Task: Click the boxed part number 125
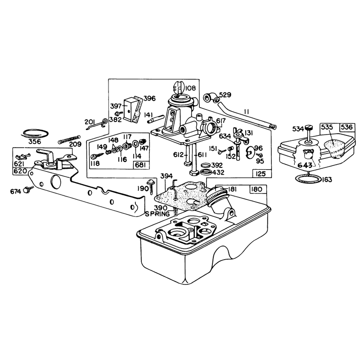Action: (x=261, y=174)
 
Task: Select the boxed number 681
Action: (x=141, y=165)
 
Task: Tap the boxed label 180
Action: (x=256, y=189)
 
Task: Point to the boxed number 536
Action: (x=347, y=127)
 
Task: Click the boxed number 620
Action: (x=20, y=171)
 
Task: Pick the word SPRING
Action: (x=157, y=214)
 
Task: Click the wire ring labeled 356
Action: (x=36, y=133)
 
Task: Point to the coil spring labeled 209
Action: (x=69, y=139)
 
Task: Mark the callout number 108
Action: (x=190, y=88)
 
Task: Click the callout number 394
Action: (x=166, y=176)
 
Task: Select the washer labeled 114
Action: (x=135, y=144)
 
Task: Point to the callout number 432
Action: (x=218, y=172)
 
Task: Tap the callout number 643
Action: (x=305, y=165)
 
